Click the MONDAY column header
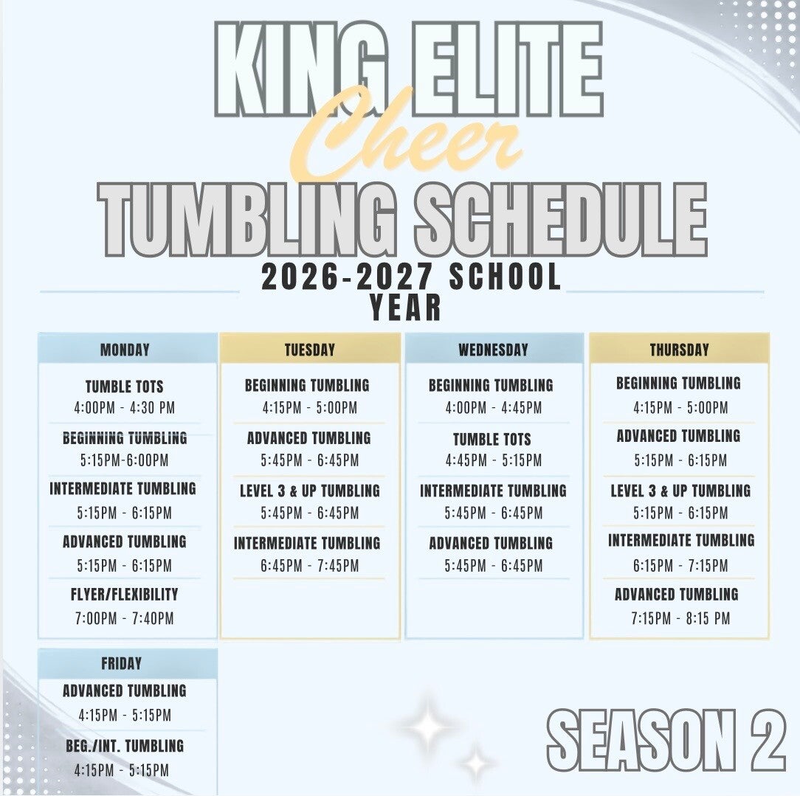pyautogui.click(x=125, y=350)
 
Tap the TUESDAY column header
pyautogui.click(x=310, y=350)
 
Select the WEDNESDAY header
pyautogui.click(x=494, y=350)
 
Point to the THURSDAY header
pyautogui.click(x=679, y=350)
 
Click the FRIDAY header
pyautogui.click(x=122, y=663)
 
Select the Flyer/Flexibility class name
pyautogui.click(x=125, y=594)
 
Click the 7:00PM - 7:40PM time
pyautogui.click(x=125, y=618)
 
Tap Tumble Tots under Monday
pyautogui.click(x=125, y=387)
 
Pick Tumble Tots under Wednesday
pyautogui.click(x=492, y=439)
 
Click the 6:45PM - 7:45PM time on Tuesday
pyautogui.click(x=310, y=566)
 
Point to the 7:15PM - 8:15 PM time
pyautogui.click(x=680, y=618)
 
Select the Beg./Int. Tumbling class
pyautogui.click(x=125, y=746)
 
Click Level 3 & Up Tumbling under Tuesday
pyautogui.click(x=310, y=491)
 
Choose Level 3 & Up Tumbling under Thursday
pyautogui.click(x=680, y=491)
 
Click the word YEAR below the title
pyautogui.click(x=406, y=308)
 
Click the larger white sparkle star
pyautogui.click(x=427, y=726)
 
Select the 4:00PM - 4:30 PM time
pyautogui.click(x=125, y=408)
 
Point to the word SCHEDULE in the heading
pyautogui.click(x=561, y=220)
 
